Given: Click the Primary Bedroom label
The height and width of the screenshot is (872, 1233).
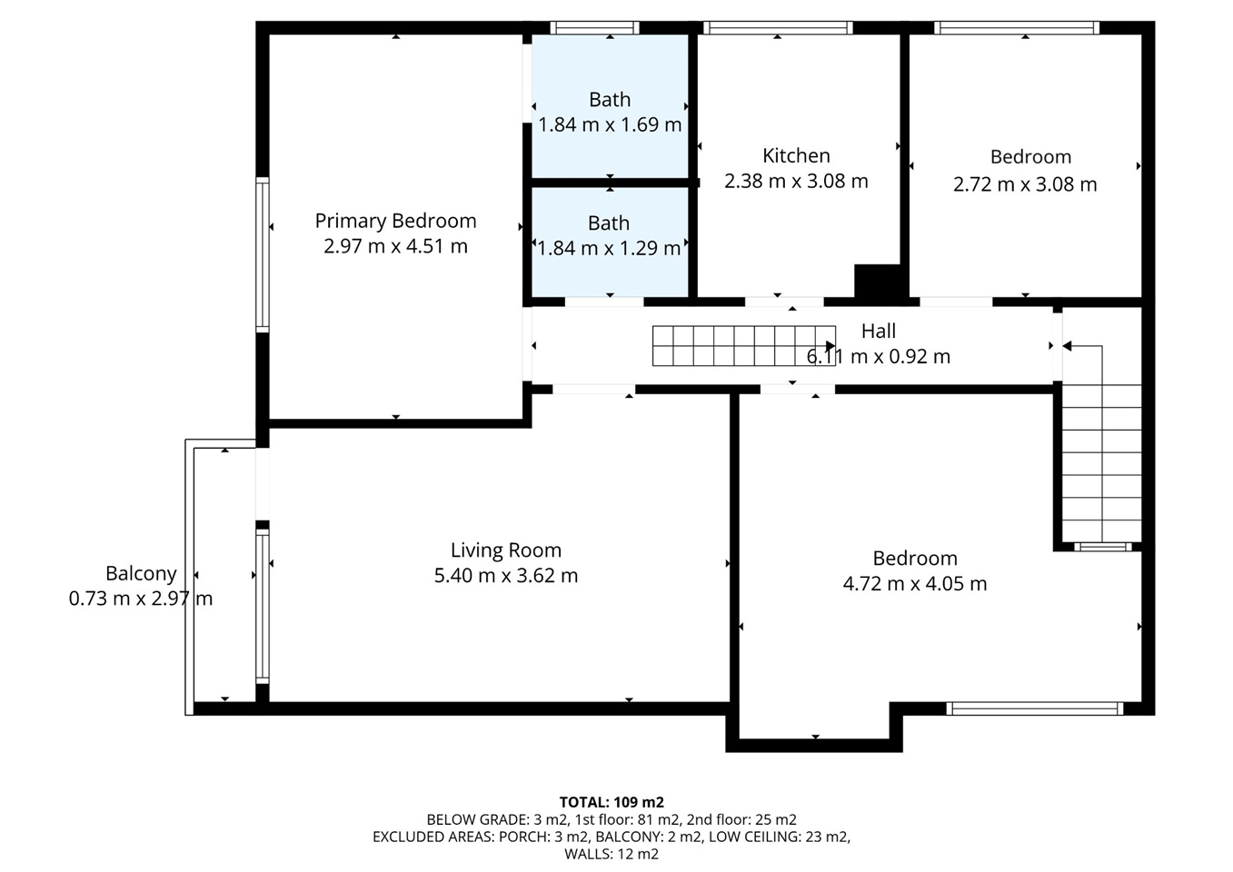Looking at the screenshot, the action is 395,221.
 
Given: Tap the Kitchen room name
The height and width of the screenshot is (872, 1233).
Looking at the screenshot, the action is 796,156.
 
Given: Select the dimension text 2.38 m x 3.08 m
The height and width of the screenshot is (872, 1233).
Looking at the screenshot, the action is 796,181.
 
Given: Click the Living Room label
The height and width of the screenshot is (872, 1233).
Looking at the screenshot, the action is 506,550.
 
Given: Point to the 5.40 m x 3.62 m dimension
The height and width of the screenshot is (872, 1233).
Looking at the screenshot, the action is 506,576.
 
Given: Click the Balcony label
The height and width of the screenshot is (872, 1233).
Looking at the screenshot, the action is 141,574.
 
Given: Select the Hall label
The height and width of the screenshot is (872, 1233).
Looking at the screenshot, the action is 879,332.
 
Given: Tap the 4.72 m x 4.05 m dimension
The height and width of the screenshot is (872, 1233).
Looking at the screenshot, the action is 915,583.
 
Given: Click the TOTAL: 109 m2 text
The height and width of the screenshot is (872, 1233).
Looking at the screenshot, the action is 612,802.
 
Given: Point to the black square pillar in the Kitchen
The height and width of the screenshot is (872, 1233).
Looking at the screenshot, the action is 877,282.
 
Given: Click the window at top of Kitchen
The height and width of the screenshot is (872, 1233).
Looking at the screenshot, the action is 778,27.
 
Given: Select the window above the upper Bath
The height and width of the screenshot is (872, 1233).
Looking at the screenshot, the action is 594,27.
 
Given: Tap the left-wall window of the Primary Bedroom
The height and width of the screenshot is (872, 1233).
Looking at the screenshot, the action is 263,254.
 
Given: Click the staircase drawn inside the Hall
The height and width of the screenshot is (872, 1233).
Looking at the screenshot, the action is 743,346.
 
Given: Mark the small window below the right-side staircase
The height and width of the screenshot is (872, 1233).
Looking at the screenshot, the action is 1102,547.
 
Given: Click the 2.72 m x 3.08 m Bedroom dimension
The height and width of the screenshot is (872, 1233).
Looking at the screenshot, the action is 1025,184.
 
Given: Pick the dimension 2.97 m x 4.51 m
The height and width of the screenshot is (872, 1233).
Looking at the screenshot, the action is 395,246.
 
